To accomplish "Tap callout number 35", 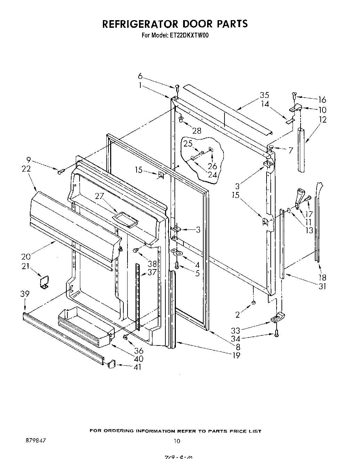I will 264,95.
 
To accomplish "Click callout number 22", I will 26,169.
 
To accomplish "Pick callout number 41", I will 138,367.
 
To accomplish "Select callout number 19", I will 236,355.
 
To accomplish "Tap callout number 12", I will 322,119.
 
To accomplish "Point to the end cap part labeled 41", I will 111,364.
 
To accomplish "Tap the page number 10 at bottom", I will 177,441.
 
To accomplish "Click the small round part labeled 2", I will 253,303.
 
